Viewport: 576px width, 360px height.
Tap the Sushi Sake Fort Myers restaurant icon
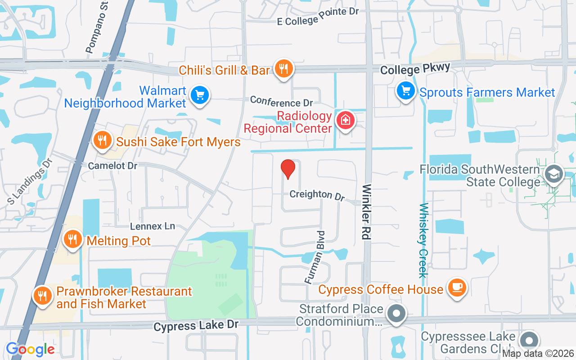103,140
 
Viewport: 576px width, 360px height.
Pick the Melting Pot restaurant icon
72,238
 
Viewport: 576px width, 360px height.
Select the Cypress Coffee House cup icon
457,287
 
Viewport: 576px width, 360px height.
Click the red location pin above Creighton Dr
288,169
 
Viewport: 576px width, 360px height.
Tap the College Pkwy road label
415,69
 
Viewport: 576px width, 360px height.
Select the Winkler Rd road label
367,211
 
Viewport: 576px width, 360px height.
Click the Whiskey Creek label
423,240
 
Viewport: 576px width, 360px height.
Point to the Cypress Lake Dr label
195,326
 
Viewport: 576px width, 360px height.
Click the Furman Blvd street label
315,257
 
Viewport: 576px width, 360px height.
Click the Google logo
30,349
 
